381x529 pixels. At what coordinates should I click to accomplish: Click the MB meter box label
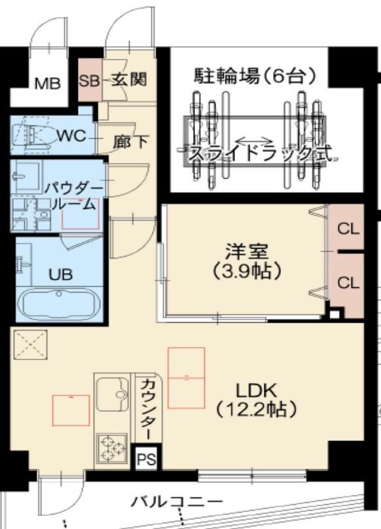pyautogui.click(x=47, y=83)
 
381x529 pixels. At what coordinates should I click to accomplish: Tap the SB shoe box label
pyautogui.click(x=88, y=81)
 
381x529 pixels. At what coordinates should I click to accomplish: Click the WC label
pyautogui.click(x=70, y=136)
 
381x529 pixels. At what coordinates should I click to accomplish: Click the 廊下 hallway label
pyautogui.click(x=131, y=141)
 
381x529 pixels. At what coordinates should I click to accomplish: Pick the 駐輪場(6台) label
pyautogui.click(x=255, y=77)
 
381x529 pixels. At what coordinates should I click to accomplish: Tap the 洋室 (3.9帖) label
pyautogui.click(x=245, y=260)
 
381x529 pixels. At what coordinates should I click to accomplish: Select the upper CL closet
pyautogui.click(x=347, y=229)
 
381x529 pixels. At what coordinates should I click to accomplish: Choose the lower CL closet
pyautogui.click(x=347, y=283)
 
